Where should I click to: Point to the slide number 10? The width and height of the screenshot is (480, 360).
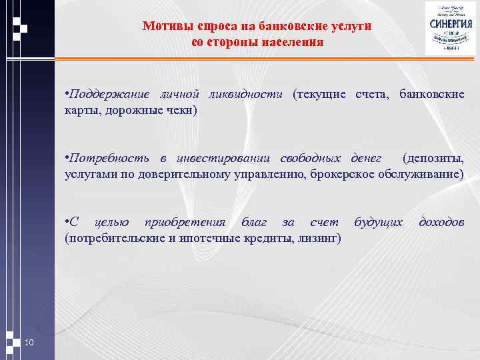[x=29, y=343]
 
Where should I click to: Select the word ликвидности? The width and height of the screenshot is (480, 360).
[x=246, y=94]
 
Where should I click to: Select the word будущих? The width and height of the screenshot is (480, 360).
[x=378, y=222]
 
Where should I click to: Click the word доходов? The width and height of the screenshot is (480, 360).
[x=441, y=222]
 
